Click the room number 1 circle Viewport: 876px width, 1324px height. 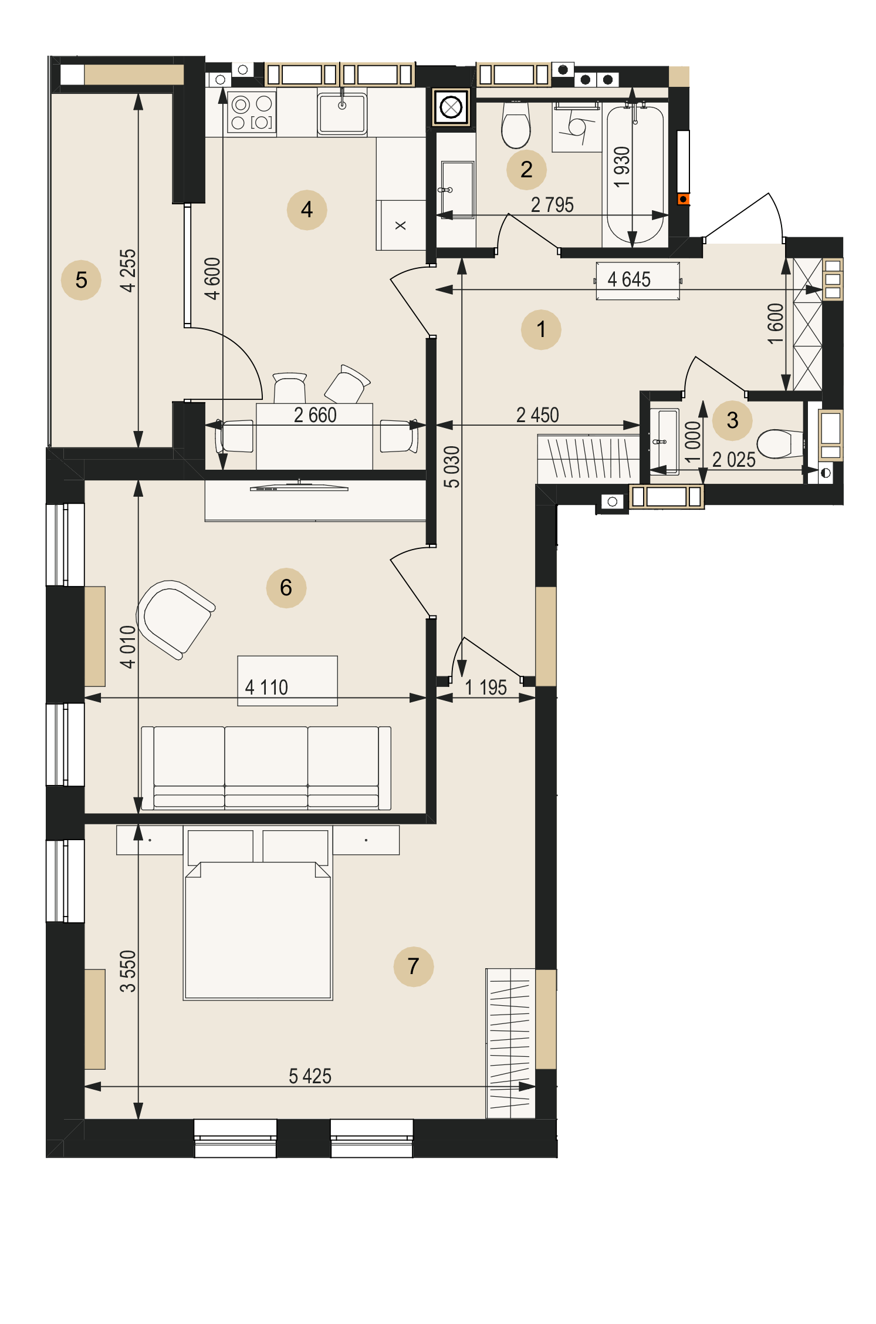541,329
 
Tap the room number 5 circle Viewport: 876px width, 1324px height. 81,280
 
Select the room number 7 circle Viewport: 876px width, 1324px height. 414,966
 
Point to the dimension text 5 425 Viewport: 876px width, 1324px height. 310,1076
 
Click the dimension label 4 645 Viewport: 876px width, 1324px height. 629,279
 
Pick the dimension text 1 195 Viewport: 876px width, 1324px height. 486,688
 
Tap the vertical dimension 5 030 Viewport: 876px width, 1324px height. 452,467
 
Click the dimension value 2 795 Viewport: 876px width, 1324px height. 552,205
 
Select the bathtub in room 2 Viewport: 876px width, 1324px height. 635,174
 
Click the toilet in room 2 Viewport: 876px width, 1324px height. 516,124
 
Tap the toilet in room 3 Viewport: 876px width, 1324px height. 780,444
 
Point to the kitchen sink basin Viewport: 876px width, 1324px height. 342,113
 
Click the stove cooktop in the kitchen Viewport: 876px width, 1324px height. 252,112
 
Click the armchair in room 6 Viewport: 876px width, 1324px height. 175,619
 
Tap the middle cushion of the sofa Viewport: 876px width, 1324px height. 266,767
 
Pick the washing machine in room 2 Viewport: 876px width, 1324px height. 577,129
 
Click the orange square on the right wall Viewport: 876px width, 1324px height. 683,199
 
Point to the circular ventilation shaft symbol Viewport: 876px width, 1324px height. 451,107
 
